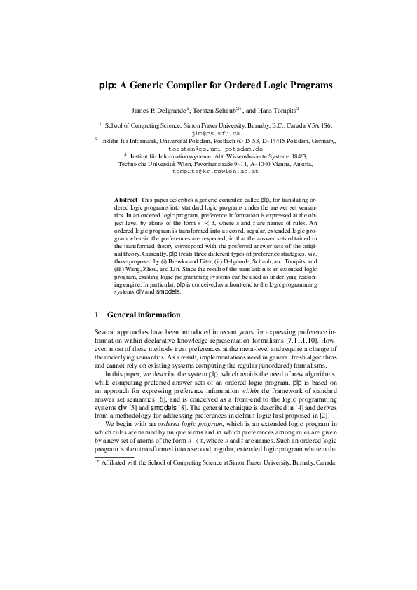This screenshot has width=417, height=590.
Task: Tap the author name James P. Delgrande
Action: click(156, 111)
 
